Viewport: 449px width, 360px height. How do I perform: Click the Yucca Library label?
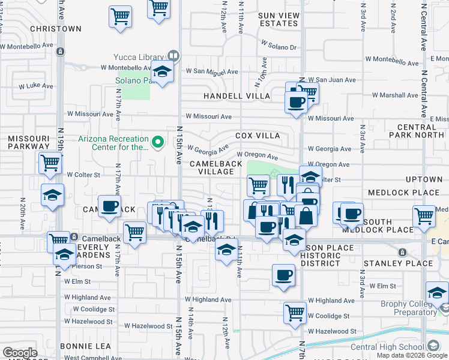(x=139, y=57)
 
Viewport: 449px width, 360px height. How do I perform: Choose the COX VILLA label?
(x=258, y=136)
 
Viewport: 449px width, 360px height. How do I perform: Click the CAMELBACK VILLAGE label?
(x=212, y=167)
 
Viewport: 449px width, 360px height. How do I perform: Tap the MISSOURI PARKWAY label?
(x=28, y=142)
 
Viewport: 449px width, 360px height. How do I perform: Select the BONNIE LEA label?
(x=85, y=346)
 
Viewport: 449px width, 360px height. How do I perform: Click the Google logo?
(x=20, y=353)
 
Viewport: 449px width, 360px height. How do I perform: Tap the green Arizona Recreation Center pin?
(x=158, y=142)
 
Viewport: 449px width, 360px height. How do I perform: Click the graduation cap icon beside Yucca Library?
(x=161, y=72)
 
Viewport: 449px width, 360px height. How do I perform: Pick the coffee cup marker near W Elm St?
(x=283, y=275)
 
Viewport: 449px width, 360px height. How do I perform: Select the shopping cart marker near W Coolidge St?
(x=295, y=311)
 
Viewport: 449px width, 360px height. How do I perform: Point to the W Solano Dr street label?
(x=279, y=45)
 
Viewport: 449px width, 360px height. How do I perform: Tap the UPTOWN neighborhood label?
(x=424, y=179)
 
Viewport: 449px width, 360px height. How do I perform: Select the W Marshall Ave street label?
(x=394, y=95)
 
